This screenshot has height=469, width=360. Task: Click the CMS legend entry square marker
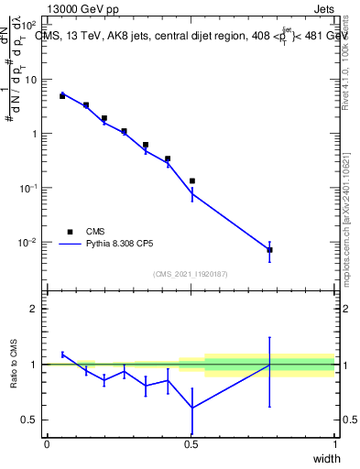pyautogui.click(x=70, y=232)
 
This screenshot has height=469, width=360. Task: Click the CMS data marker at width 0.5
pyautogui.click(x=191, y=181)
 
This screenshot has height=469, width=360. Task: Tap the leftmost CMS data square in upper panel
pyautogui.click(x=62, y=95)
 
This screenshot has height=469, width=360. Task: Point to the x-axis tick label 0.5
pyautogui.click(x=191, y=444)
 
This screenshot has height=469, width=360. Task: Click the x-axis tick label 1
pyautogui.click(x=335, y=444)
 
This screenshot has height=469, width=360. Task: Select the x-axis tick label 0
pyautogui.click(x=47, y=444)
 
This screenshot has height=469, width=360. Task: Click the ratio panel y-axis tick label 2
pyautogui.click(x=35, y=309)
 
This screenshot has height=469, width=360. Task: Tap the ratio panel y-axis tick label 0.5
pyautogui.click(x=31, y=420)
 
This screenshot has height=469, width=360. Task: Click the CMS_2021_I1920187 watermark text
pyautogui.click(x=191, y=273)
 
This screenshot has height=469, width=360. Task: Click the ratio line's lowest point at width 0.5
pyautogui.click(x=191, y=408)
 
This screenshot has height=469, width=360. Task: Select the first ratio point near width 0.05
pyautogui.click(x=62, y=354)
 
